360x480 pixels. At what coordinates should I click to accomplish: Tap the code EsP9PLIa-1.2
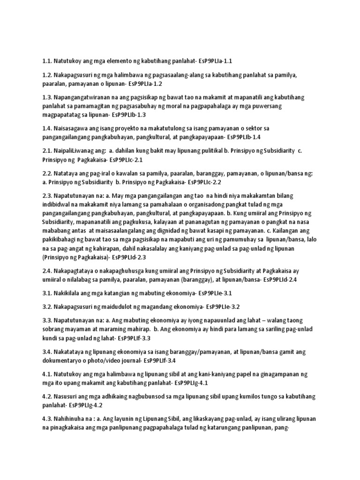(x=141, y=83)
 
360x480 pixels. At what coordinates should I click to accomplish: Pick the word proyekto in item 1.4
(x=132, y=128)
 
